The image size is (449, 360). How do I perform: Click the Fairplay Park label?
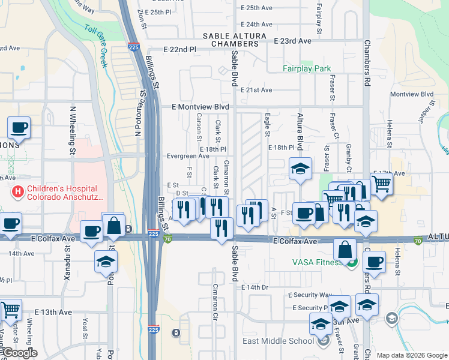307,68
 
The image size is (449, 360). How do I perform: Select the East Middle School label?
278,341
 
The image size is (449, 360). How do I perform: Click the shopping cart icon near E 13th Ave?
11,310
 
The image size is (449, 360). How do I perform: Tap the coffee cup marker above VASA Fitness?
375,262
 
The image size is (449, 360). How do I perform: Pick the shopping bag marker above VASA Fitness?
345,250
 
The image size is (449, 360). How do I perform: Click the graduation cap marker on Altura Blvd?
300,169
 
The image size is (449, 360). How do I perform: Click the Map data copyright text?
411,355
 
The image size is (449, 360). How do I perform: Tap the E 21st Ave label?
256,90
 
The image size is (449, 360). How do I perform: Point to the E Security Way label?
310,295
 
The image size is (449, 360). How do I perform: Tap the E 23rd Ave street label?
292,41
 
